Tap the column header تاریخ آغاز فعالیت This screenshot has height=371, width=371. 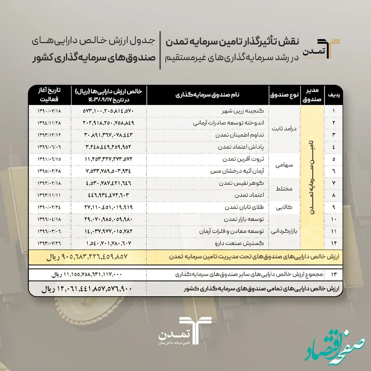coord(50,95)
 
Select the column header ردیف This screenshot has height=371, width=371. coord(333,95)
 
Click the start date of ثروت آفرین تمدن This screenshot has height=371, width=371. coord(49,159)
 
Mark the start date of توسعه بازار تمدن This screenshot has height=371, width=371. coord(49,220)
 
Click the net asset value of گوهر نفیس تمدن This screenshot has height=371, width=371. coord(108,183)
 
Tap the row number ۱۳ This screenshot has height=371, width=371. coord(333,275)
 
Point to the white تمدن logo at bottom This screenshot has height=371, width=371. coord(185,331)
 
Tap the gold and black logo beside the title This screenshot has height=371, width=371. coord(328,49)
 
